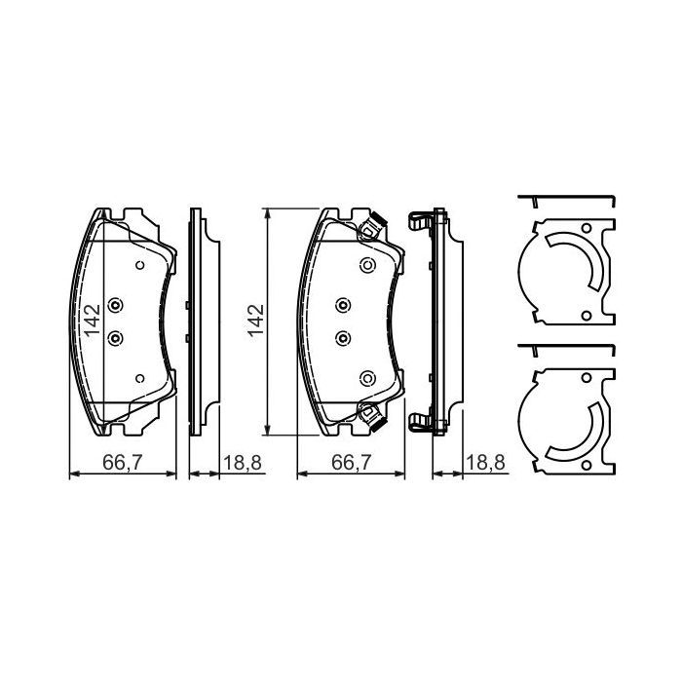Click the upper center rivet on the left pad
tap(116, 306)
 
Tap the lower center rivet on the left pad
tap(116, 337)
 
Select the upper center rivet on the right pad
tap(343, 306)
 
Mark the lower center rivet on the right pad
tap(343, 337)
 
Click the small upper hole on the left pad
tap(139, 265)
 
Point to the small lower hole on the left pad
tap(139, 378)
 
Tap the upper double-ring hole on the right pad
tap(367, 265)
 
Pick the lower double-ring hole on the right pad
tap(367, 378)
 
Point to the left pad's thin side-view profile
tap(195, 322)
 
